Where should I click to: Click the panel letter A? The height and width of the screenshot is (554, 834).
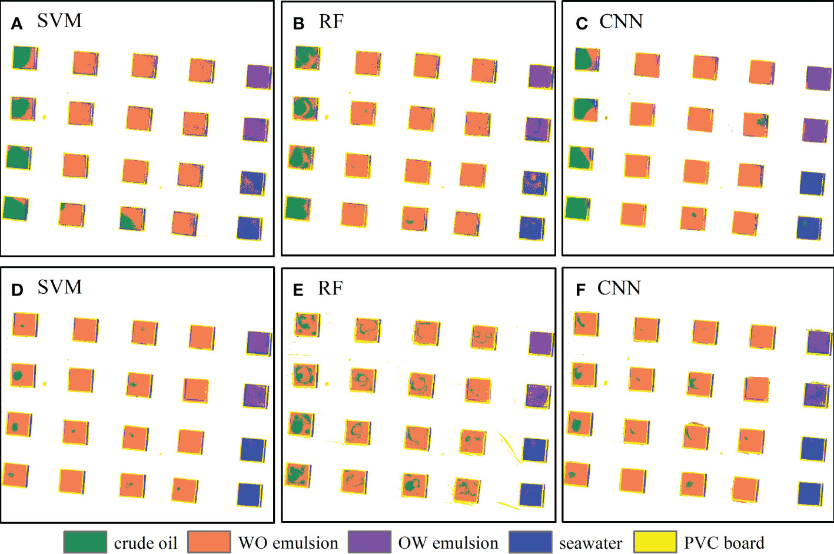[x=17, y=24]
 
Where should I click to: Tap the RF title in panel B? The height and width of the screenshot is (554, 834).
[x=331, y=22]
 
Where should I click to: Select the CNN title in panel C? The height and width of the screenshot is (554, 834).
[x=621, y=22]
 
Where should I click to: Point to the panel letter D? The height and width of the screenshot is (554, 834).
[x=17, y=290]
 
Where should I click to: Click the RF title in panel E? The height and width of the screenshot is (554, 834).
[x=330, y=288]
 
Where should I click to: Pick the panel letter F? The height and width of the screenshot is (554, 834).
[x=580, y=290]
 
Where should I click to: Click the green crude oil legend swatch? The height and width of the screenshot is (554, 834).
[x=85, y=542]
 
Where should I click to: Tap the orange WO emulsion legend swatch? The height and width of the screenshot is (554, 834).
[x=209, y=542]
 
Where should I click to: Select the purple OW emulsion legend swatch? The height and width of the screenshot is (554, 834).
[x=369, y=542]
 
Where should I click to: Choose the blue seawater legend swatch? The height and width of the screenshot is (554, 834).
[x=530, y=542]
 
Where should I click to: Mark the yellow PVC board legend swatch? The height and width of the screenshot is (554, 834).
[x=654, y=542]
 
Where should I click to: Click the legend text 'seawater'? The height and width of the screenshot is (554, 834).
[x=590, y=543]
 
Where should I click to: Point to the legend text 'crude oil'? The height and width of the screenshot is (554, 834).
[x=145, y=543]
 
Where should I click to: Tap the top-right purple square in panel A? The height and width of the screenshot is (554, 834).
[x=258, y=77]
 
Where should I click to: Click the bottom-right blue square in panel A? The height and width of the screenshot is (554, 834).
[x=250, y=228]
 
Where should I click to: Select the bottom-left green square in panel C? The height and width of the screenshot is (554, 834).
[x=577, y=208]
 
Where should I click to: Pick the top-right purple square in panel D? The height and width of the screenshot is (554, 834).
[x=258, y=343]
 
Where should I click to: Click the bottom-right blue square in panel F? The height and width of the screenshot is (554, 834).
[x=810, y=494]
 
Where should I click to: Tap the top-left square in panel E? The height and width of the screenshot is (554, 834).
[x=307, y=325]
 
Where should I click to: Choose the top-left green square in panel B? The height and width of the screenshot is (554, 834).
[x=307, y=58]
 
